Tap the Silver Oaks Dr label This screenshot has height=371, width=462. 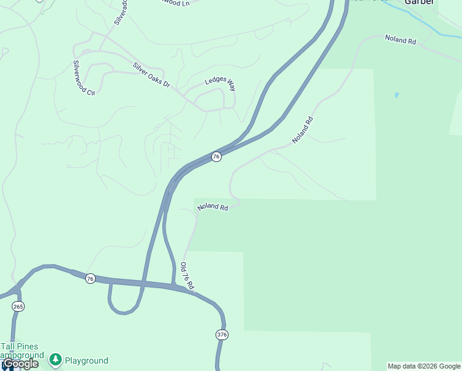coord(151,74)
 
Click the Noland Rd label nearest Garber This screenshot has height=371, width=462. coord(401,39)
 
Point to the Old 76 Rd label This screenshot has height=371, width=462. coord(187,276)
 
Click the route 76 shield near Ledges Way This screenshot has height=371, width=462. coord(216,156)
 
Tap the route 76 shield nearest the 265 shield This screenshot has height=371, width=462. coord(90,278)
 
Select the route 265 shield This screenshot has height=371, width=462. coord(18,306)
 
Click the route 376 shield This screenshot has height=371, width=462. coord(222,335)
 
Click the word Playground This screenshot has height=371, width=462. coord(86,360)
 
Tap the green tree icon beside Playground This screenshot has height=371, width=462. coord(56,359)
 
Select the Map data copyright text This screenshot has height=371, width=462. coord(424,366)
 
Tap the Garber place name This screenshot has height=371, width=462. coord(419,2)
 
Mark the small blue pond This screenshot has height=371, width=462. coord(396,95)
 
